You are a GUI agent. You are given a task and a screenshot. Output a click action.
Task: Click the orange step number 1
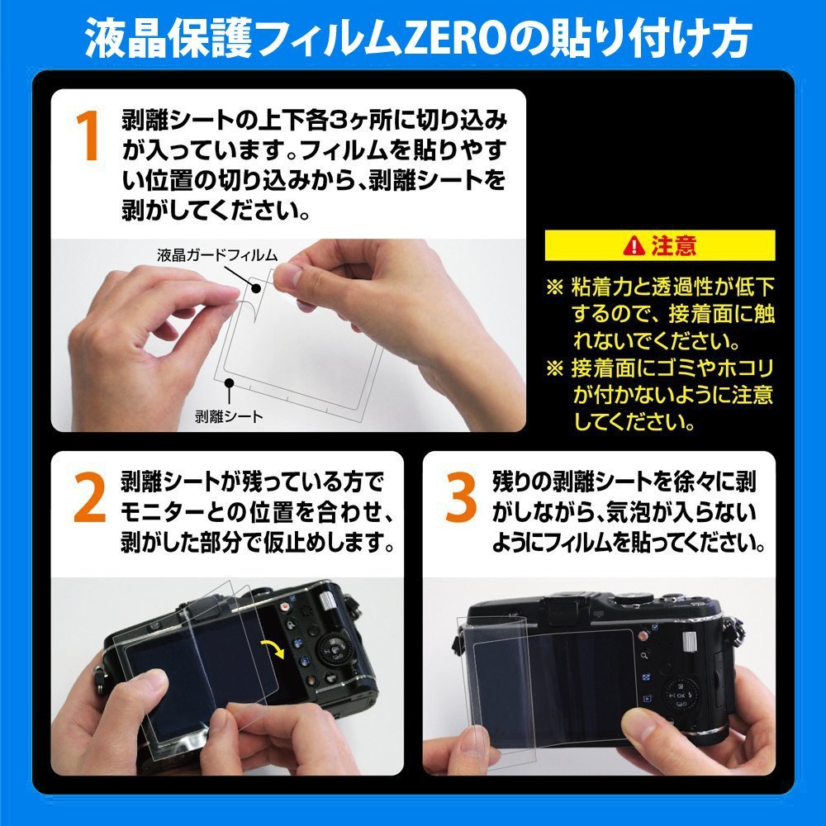88,137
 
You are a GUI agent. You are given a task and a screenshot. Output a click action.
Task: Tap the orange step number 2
89,502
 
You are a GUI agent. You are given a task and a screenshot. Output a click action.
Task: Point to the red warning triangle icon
634,245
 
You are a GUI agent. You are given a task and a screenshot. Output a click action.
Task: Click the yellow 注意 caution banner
660,245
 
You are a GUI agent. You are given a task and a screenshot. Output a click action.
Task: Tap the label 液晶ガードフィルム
216,254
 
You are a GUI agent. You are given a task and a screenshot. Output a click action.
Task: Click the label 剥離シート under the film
229,416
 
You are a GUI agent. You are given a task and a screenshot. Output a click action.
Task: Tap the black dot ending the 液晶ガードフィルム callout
257,288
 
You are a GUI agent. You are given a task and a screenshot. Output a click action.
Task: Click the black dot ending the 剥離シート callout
229,382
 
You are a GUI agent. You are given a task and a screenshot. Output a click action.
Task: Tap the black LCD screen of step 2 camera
190,669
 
